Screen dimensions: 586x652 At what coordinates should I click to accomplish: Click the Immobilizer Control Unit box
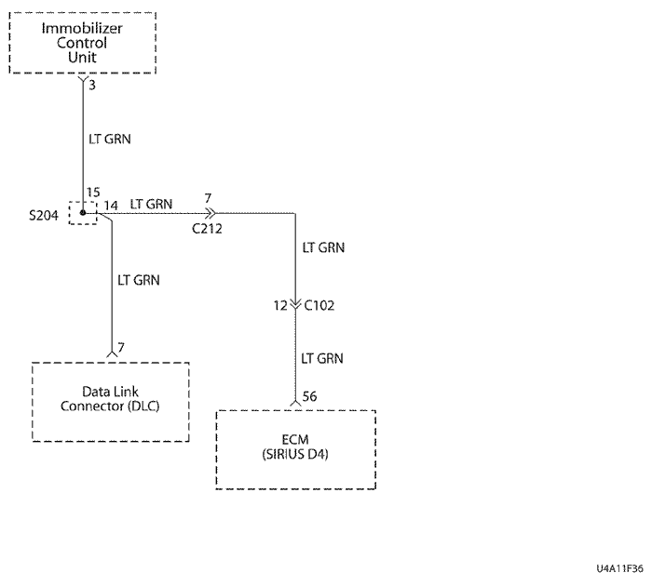coord(82,43)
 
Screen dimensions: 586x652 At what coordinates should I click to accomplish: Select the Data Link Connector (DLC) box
coord(111,400)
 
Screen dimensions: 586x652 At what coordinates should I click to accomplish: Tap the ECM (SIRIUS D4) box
coord(295,448)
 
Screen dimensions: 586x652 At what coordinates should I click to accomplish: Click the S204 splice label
coord(44,216)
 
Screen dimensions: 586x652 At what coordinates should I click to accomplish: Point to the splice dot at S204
coord(84,213)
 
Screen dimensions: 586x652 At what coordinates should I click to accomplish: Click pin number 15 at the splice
coord(92,193)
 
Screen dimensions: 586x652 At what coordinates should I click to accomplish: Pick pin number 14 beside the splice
coord(110,204)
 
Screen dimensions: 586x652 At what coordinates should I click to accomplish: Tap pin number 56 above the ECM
coord(310,396)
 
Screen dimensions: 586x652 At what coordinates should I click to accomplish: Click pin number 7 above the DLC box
coord(121,347)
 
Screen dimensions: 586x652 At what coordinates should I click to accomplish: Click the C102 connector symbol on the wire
coord(295,304)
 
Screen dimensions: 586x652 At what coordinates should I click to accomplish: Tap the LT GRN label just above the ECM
coord(323,357)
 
